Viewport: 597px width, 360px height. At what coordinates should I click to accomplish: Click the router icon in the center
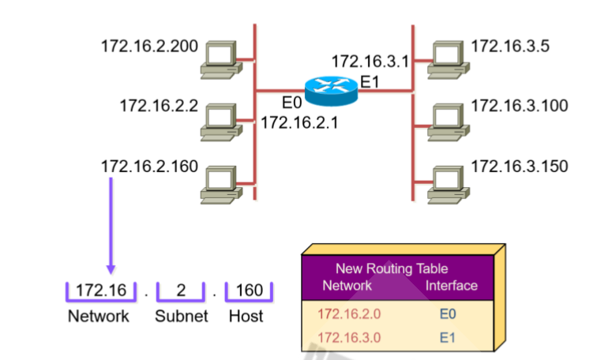[331, 91]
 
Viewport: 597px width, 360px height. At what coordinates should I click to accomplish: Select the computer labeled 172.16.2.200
[219, 59]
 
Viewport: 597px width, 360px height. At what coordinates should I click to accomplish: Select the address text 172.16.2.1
[299, 122]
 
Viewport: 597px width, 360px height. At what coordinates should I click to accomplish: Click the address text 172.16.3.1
[370, 62]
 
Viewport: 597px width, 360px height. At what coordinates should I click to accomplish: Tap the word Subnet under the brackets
[181, 317]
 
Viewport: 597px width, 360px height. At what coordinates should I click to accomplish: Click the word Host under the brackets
[246, 317]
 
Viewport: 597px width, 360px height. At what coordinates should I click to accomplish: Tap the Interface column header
[452, 285]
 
